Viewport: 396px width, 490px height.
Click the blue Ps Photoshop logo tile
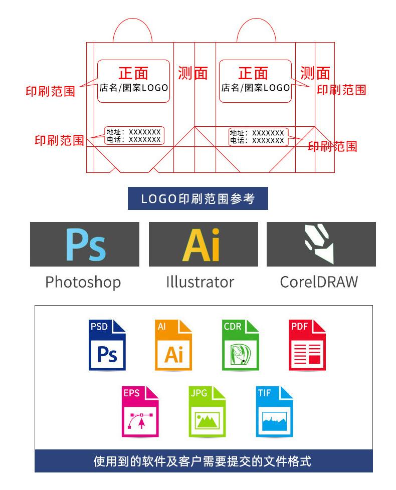click(x=85, y=244)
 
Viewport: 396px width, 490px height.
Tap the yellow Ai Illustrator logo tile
click(x=203, y=244)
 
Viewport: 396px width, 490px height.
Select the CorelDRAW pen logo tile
click(x=321, y=244)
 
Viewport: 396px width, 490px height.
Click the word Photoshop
click(x=83, y=282)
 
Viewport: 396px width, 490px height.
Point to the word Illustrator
click(x=200, y=282)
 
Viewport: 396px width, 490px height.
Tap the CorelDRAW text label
click(x=319, y=282)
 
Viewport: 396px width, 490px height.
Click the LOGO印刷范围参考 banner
click(x=198, y=198)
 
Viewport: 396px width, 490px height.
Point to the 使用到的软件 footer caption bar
click(x=203, y=461)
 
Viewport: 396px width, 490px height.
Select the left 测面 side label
click(x=193, y=73)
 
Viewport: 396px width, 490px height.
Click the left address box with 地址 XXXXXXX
click(x=134, y=135)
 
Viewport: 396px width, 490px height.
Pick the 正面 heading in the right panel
click(x=253, y=73)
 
